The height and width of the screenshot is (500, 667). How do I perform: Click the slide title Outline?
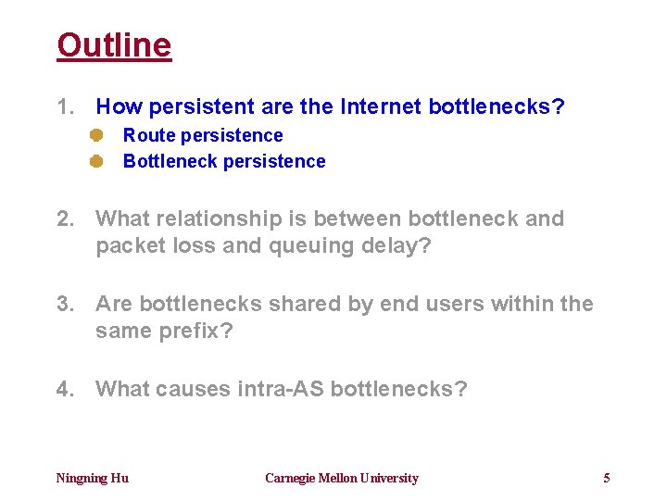point(114,45)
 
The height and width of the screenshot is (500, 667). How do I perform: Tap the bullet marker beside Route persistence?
point(95,135)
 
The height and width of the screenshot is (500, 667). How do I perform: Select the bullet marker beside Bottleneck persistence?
point(95,161)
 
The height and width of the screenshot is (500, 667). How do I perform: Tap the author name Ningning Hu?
point(93,479)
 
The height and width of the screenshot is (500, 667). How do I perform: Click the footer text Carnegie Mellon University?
point(342,479)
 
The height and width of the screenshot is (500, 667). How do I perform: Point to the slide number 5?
point(607,479)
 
